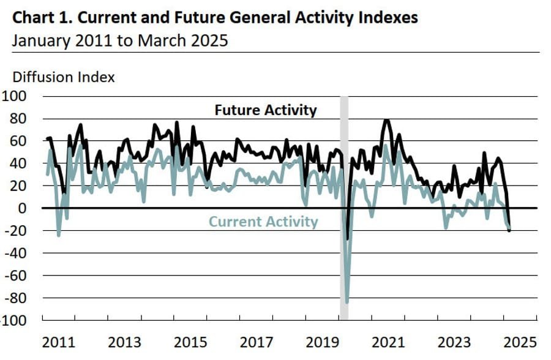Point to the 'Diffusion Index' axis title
(64, 77)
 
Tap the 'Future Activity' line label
(266, 110)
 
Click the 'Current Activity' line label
(263, 222)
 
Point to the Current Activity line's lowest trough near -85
(347, 302)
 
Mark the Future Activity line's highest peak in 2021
(386, 120)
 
